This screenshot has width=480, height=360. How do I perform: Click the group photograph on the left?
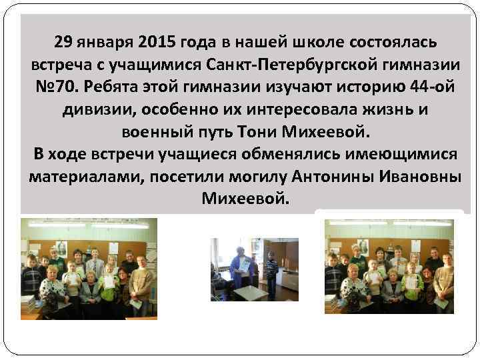pyautogui.click(x=89, y=268)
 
